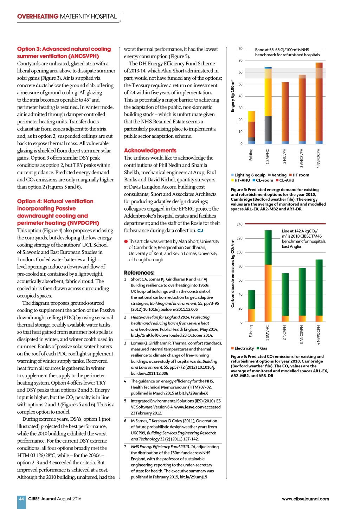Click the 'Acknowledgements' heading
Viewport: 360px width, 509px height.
pyautogui.click(x=150, y=150)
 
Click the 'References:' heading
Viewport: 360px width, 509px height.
pyautogui.click(x=139, y=272)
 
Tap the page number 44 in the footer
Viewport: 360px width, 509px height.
pyautogui.click(x=21, y=498)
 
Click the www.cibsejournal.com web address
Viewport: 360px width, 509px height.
pyautogui.click(x=305, y=498)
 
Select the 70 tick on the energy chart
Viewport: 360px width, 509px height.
pyautogui.click(x=240, y=60)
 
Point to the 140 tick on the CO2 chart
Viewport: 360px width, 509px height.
pyautogui.click(x=239, y=224)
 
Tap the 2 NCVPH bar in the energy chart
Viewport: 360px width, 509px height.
pyautogui.click(x=285, y=112)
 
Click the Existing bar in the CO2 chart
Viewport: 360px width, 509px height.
pyautogui.click(x=251, y=306)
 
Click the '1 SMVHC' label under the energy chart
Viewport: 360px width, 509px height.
pyautogui.click(x=268, y=156)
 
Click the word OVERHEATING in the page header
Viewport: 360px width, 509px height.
pyautogui.click(x=38, y=17)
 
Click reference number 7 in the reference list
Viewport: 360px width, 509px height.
pyautogui.click(x=125, y=447)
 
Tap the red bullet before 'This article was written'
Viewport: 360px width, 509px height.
pyautogui.click(x=126, y=241)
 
